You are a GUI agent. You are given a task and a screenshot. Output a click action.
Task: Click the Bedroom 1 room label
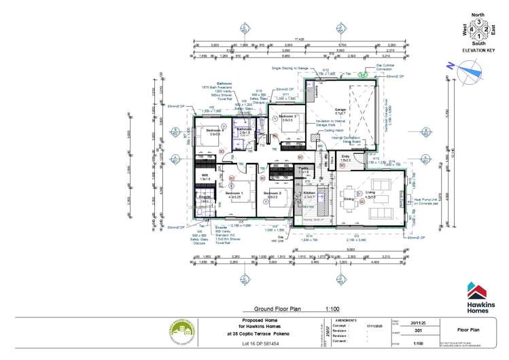(x=234, y=194)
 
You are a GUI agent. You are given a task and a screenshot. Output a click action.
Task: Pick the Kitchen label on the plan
(x=309, y=194)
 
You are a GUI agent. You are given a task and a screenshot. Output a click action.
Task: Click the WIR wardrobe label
(x=204, y=175)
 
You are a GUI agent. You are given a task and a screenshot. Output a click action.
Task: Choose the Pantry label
(x=304, y=167)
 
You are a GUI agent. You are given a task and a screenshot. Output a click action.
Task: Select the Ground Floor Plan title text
(x=277, y=308)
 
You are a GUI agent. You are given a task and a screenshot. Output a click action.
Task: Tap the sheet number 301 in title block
(x=415, y=332)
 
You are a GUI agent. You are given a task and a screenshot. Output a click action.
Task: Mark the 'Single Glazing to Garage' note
(x=296, y=69)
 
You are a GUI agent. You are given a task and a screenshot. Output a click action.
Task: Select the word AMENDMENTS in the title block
(x=347, y=319)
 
